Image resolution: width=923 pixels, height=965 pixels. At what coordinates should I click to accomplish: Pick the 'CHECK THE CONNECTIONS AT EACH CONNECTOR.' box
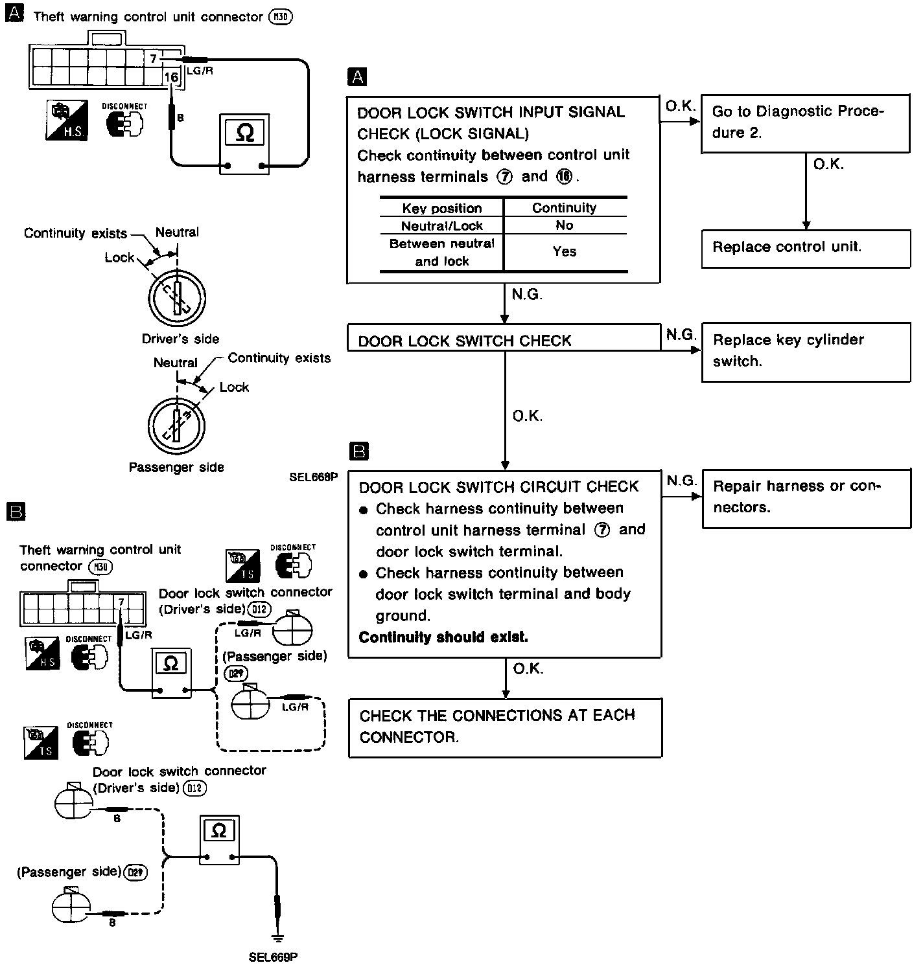click(505, 727)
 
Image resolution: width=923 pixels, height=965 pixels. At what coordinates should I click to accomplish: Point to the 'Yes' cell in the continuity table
click(565, 251)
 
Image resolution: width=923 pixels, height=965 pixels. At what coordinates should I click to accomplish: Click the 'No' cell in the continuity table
click(565, 225)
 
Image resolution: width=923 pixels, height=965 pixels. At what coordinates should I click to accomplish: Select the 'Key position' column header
click(442, 208)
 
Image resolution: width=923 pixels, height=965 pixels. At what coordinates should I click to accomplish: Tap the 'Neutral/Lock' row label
click(442, 225)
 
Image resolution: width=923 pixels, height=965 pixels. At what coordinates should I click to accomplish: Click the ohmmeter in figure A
click(244, 144)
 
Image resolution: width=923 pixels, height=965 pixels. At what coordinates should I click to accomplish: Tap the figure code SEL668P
click(314, 478)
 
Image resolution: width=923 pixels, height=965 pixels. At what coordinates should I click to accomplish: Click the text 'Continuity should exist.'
click(443, 637)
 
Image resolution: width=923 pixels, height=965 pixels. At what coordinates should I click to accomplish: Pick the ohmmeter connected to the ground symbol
click(219, 840)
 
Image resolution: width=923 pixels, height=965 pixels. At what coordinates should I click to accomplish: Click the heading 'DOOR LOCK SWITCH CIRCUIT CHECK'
click(498, 487)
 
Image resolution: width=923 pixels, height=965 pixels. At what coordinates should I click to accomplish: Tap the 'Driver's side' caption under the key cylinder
click(180, 339)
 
